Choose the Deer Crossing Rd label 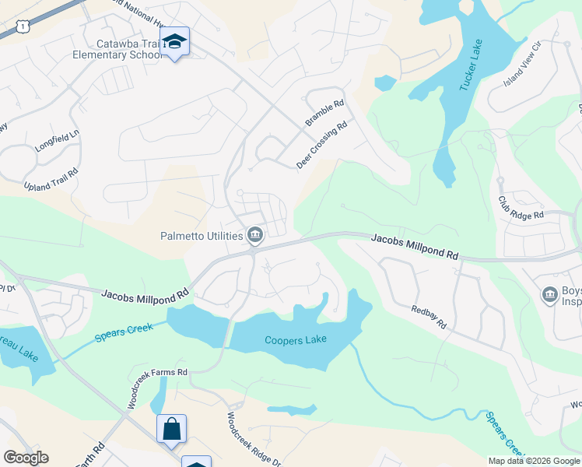tap(321, 144)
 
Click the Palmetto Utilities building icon tap(254, 234)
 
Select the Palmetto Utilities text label tap(202, 234)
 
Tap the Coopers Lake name tap(296, 340)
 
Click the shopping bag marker tap(171, 429)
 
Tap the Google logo tap(26, 458)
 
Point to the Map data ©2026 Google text tap(533, 461)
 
